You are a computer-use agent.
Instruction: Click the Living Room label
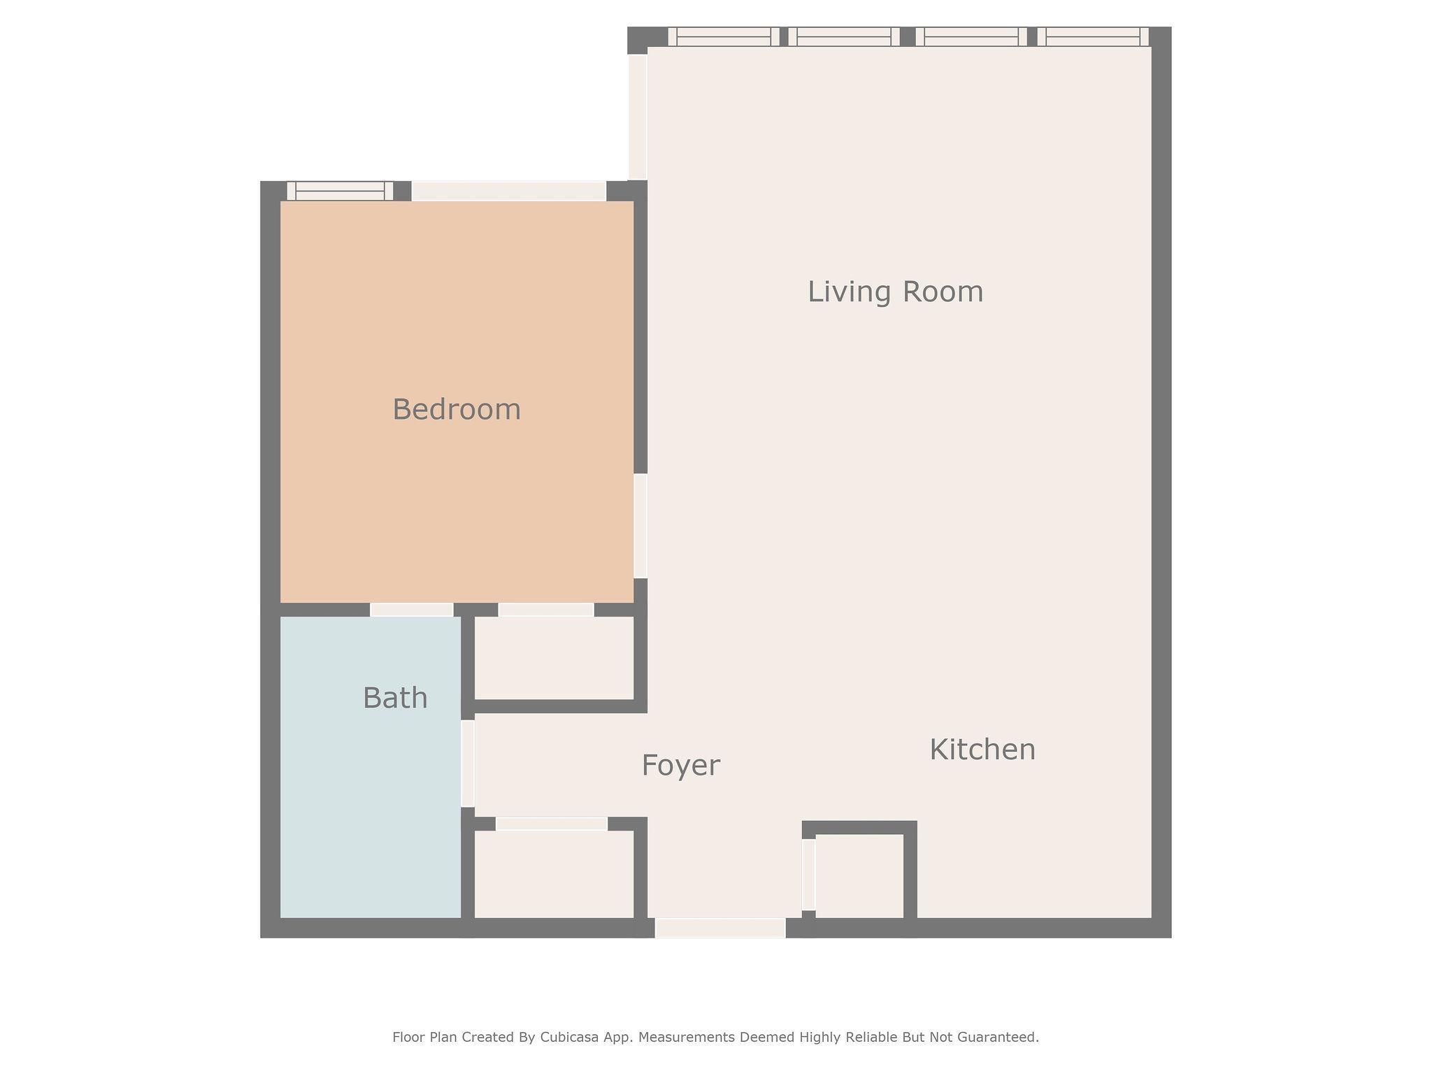click(x=895, y=292)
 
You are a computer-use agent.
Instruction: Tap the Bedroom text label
click(x=457, y=409)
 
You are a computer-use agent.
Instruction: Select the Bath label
click(x=395, y=698)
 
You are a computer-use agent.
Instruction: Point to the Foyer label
click(x=680, y=766)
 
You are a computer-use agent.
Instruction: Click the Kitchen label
click(x=982, y=750)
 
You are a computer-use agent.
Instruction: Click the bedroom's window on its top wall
click(x=340, y=191)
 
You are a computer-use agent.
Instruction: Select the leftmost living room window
click(x=724, y=36)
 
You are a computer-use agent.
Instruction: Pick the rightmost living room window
click(x=1093, y=36)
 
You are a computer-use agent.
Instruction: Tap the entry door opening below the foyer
click(x=720, y=928)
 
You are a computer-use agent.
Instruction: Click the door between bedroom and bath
click(x=411, y=610)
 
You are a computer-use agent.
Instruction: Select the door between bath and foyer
click(x=468, y=764)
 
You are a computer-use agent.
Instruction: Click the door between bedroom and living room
click(x=640, y=526)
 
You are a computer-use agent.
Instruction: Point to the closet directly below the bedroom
click(x=554, y=657)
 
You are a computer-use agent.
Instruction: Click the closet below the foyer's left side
click(x=554, y=874)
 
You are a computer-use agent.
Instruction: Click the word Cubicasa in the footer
click(x=566, y=1038)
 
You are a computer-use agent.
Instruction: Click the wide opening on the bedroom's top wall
click(x=508, y=191)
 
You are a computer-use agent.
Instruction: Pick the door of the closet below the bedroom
click(x=546, y=610)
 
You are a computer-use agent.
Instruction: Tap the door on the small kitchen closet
click(x=808, y=875)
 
